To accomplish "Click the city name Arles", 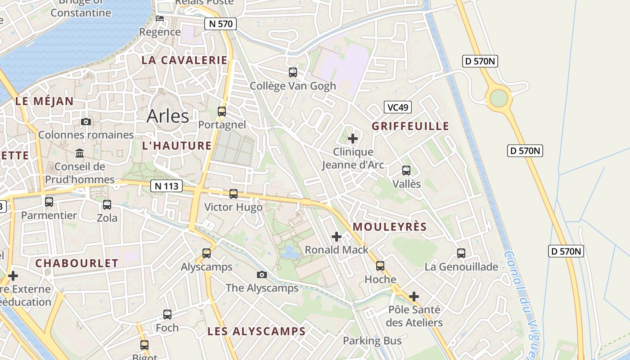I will (168, 116).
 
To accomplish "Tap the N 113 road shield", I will (166, 185).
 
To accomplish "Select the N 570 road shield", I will (220, 24).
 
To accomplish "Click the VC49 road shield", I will (398, 107).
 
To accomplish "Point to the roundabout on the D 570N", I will (499, 98).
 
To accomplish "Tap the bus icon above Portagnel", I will (221, 111).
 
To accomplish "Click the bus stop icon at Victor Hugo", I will (233, 194).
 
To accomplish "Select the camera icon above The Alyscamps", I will (262, 274).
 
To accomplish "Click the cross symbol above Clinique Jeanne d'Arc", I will (353, 138).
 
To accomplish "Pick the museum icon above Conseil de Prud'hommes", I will (80, 153).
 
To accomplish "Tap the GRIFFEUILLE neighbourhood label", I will (410, 126).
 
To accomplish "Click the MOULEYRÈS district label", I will (389, 227).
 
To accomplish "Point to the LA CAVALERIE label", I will (184, 60).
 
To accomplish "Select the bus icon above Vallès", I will (406, 171).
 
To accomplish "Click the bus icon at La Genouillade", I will (461, 253).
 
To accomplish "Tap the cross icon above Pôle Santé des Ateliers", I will (414, 297).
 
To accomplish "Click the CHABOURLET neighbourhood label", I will (77, 264).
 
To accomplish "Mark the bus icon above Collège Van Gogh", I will (292, 72).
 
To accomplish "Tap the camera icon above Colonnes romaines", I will (85, 121).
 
